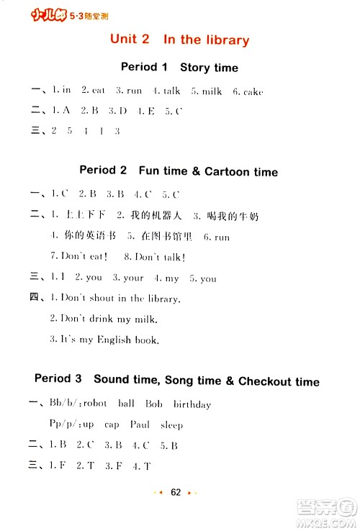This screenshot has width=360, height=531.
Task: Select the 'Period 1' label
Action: (144, 67)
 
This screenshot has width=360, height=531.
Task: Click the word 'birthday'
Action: (192, 404)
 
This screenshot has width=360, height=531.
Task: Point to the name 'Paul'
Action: (140, 425)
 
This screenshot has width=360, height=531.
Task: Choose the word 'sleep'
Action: (172, 425)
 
